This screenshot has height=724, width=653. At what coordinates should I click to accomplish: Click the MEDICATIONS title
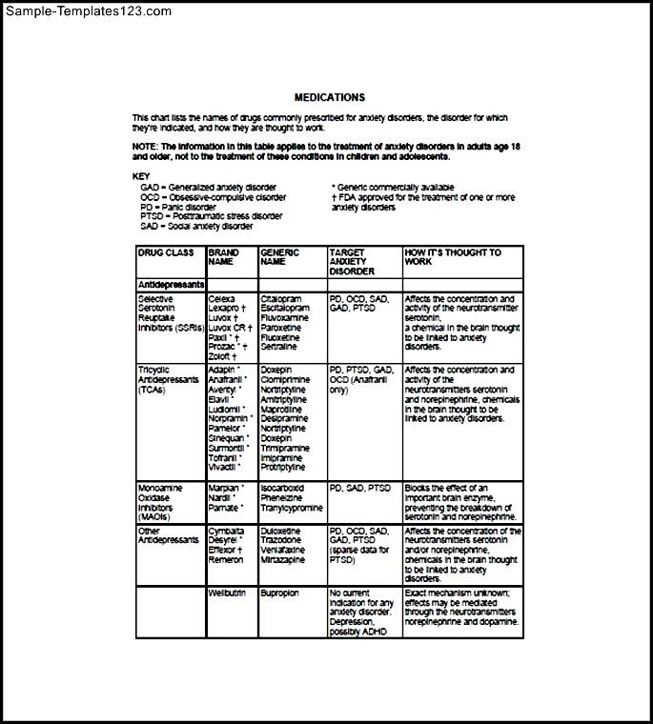tap(329, 97)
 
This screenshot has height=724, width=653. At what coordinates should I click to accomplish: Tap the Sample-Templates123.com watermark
tap(87, 11)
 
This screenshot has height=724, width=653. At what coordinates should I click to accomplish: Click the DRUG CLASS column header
tap(165, 252)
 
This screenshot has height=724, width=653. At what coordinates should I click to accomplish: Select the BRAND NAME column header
tap(224, 257)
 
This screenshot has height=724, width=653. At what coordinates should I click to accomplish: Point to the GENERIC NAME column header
tap(278, 257)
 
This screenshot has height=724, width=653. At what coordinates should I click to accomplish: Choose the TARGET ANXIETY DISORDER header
tap(352, 262)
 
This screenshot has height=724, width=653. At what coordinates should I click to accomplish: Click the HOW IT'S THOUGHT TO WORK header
tap(453, 257)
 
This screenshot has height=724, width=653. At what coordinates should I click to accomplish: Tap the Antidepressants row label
tap(171, 284)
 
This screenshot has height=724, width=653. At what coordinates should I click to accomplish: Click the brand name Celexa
tap(222, 299)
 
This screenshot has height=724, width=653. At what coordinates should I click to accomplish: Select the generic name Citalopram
tap(281, 299)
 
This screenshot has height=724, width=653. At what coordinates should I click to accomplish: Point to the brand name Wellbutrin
tap(228, 593)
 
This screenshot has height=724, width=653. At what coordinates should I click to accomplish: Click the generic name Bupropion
tap(280, 593)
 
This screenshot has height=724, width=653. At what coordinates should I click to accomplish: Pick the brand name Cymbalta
tap(227, 531)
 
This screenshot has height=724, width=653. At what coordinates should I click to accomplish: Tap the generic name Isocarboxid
tap(282, 488)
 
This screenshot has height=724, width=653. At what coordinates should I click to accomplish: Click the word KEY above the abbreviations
tap(140, 177)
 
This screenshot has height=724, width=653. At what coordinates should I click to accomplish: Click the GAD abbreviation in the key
tap(150, 188)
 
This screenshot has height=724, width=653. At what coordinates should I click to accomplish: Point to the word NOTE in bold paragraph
tap(144, 146)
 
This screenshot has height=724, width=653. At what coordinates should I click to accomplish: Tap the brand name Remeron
tap(226, 559)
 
